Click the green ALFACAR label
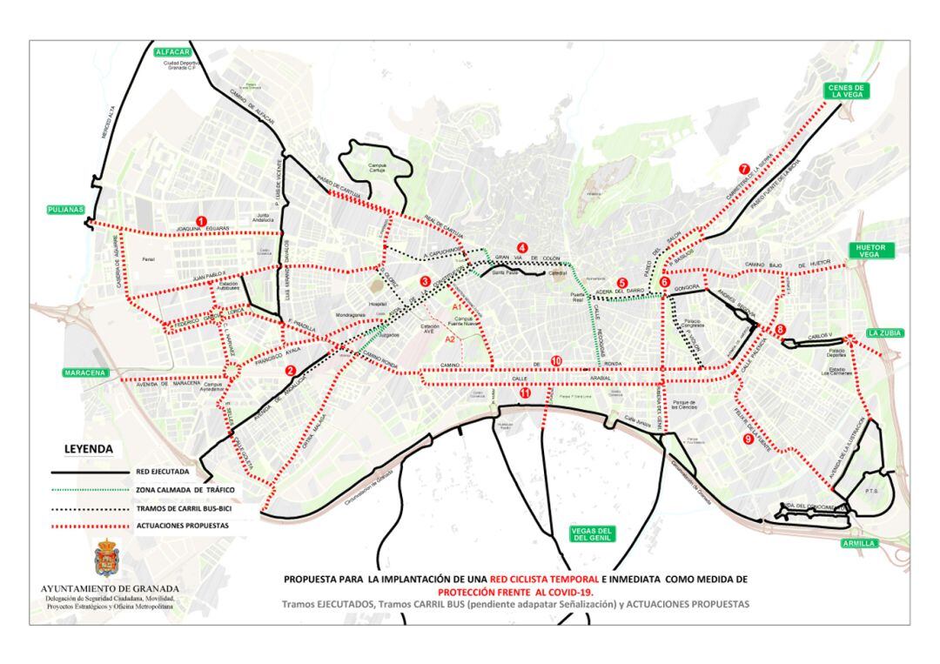171,52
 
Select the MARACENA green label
84,372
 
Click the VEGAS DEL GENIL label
592,534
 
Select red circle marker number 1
201,221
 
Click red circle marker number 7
743,169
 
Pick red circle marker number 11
525,393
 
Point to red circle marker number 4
522,245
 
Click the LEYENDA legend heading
89,450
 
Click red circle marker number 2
290,370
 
